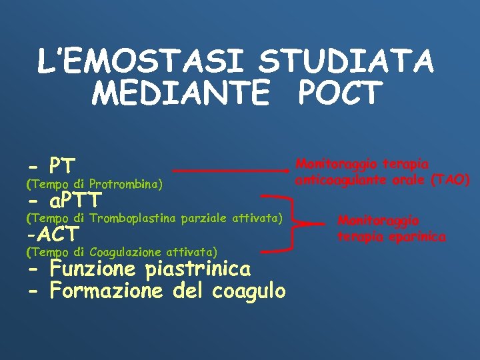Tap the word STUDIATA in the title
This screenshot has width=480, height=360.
[x=346, y=62]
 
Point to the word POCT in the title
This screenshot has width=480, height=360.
[x=341, y=93]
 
